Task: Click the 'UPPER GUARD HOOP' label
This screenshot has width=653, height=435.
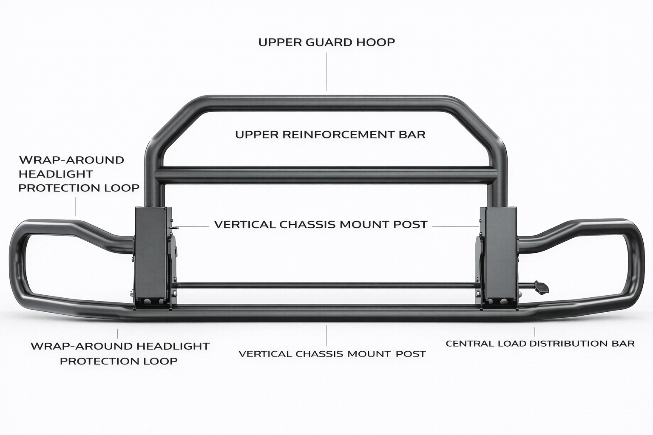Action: pos(326,42)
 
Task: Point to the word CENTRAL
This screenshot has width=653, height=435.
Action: pos(470,343)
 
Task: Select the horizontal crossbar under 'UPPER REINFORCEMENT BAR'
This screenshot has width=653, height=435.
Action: pos(326,175)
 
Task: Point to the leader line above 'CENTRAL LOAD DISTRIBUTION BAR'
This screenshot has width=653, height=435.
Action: pos(534,332)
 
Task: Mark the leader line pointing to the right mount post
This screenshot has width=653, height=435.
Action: pos(455,226)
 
